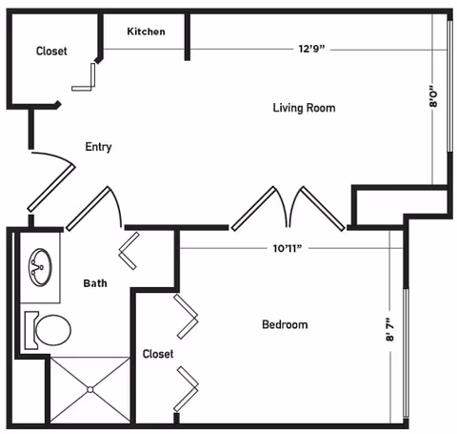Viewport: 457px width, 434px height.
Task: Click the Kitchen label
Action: click(x=146, y=31)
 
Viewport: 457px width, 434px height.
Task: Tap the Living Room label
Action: click(x=304, y=108)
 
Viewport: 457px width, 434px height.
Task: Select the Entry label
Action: click(x=98, y=147)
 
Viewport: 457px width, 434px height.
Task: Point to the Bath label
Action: click(x=95, y=283)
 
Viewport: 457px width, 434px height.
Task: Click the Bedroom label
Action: click(x=285, y=324)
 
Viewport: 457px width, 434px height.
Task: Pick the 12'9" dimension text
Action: click(x=312, y=49)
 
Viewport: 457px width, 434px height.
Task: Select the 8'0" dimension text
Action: click(x=433, y=96)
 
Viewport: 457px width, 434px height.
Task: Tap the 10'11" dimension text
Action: click(x=288, y=248)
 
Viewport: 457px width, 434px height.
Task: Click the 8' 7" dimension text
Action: click(x=390, y=329)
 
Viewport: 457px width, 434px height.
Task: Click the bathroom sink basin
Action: click(x=40, y=267)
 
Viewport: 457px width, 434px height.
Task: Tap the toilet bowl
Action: click(x=53, y=330)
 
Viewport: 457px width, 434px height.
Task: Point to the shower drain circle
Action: click(x=90, y=389)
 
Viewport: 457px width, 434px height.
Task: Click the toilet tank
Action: click(x=31, y=330)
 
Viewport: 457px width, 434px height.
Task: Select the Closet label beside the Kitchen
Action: click(x=51, y=52)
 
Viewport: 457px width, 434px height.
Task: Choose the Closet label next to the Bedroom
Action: click(x=158, y=354)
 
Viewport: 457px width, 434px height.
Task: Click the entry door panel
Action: click(x=51, y=188)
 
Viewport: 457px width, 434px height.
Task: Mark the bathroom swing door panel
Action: click(x=89, y=209)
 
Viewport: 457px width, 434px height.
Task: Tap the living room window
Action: click(x=449, y=86)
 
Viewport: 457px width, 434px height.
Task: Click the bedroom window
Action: click(x=406, y=353)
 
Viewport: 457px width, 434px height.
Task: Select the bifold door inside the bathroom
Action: click(x=129, y=251)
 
